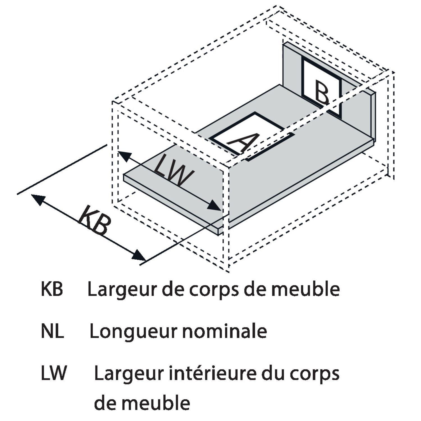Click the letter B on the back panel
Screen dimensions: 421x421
(322, 92)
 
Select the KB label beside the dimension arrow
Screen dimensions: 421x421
(94, 220)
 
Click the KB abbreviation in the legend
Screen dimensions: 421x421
(52, 289)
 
